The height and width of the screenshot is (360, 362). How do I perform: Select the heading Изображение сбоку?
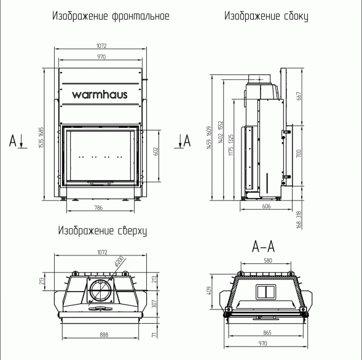click(266, 15)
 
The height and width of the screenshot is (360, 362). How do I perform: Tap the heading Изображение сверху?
click(102, 231)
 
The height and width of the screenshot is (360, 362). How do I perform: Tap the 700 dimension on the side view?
click(299, 154)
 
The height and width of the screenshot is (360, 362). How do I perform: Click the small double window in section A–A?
click(266, 291)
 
